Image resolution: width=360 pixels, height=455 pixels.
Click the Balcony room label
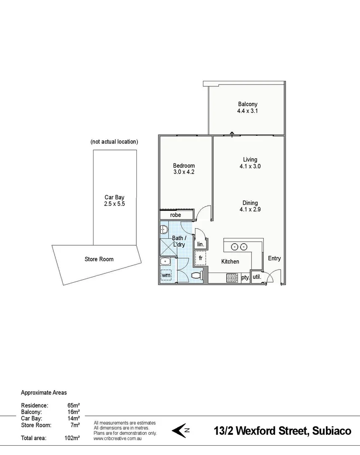(247, 104)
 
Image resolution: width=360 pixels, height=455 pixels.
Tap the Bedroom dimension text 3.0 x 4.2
(184, 172)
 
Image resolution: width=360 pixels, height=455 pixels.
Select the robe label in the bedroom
(176, 215)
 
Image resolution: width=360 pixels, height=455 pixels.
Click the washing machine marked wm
(166, 275)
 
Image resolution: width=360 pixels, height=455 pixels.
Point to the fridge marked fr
(201, 258)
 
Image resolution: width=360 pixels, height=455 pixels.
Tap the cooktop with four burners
(232, 278)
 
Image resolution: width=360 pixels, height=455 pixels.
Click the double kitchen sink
(239, 247)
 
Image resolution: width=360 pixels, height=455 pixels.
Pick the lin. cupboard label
(200, 244)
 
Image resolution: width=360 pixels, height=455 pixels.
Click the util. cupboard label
(257, 277)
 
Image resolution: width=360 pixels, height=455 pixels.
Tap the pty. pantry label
(245, 278)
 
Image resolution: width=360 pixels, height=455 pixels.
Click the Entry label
(274, 258)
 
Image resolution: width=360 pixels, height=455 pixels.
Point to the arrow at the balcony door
(232, 134)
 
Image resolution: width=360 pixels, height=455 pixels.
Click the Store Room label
(99, 259)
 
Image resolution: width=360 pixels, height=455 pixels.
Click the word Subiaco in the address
(332, 431)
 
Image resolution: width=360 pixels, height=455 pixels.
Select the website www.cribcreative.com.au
(117, 438)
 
